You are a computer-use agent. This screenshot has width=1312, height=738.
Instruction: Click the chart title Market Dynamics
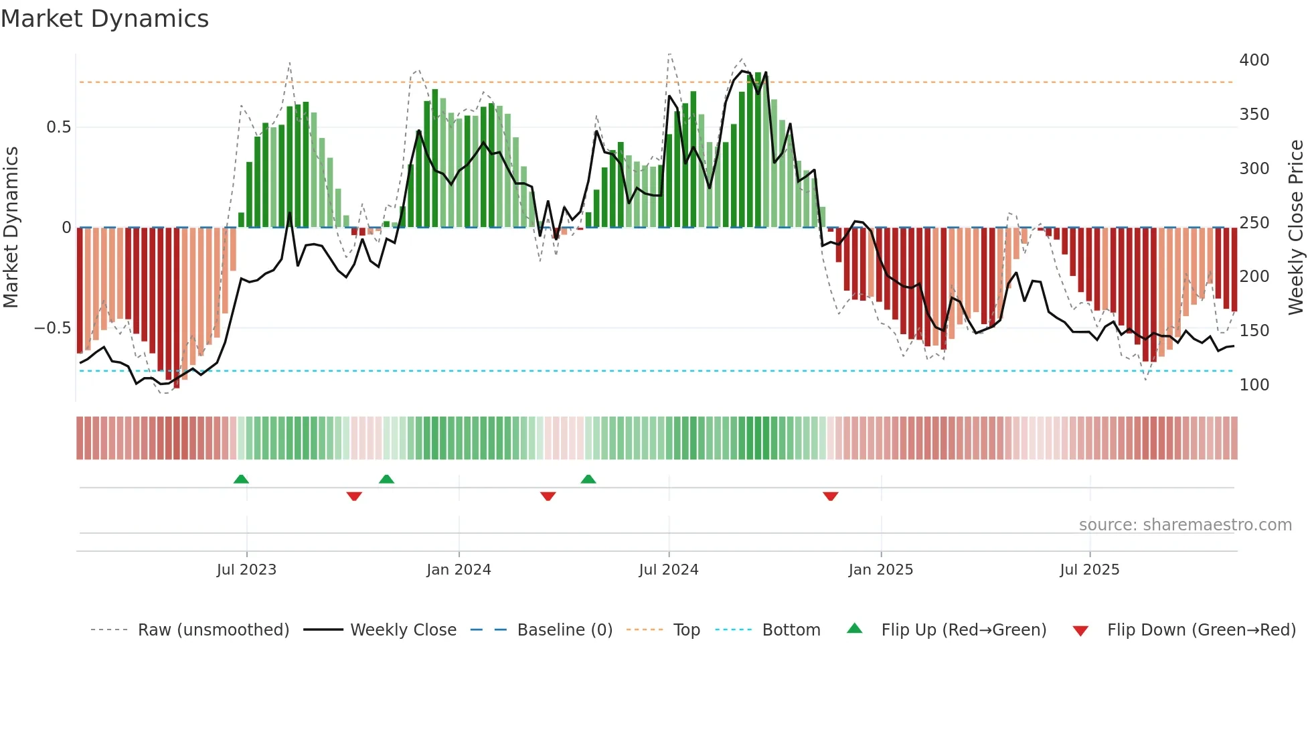click(x=104, y=19)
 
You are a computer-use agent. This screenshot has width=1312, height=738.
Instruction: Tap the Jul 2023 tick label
click(x=246, y=570)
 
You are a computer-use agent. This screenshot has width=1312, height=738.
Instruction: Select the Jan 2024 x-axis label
click(x=459, y=570)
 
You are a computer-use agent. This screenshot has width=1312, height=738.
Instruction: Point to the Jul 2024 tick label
click(x=668, y=570)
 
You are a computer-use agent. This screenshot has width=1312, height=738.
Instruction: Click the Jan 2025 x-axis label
click(x=880, y=570)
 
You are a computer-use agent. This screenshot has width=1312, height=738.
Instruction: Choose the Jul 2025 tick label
click(x=1089, y=570)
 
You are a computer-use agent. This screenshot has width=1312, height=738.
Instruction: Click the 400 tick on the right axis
click(x=1254, y=60)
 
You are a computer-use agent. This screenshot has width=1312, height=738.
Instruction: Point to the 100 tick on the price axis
click(x=1254, y=385)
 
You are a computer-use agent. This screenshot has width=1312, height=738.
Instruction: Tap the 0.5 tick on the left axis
click(x=58, y=127)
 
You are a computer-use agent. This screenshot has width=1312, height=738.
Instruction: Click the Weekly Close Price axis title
click(x=1296, y=228)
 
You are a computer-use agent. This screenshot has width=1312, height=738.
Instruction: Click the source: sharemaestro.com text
click(x=1185, y=525)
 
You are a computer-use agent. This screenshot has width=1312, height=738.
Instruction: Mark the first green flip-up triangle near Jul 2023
click(x=241, y=479)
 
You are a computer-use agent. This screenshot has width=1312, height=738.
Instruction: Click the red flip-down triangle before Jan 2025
click(x=830, y=496)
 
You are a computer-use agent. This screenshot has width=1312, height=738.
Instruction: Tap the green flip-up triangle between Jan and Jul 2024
click(x=588, y=479)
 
